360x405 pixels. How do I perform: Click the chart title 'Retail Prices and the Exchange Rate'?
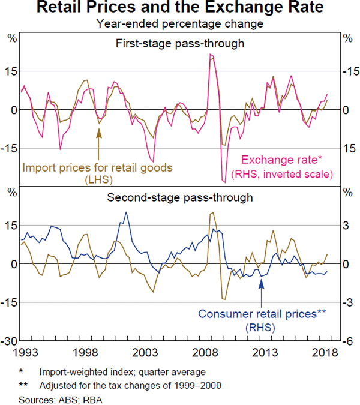pos(180,9)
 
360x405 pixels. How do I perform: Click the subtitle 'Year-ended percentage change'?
pos(180,24)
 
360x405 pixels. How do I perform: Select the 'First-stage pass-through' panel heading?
pos(179,43)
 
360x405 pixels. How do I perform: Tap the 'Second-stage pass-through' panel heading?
pos(179,197)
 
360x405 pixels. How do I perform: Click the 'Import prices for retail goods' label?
pos(97,167)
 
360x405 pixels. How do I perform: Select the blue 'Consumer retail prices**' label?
pos(262,314)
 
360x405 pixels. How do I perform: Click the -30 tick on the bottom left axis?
pos(11,341)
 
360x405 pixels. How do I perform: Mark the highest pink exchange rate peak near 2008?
pos(211,55)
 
